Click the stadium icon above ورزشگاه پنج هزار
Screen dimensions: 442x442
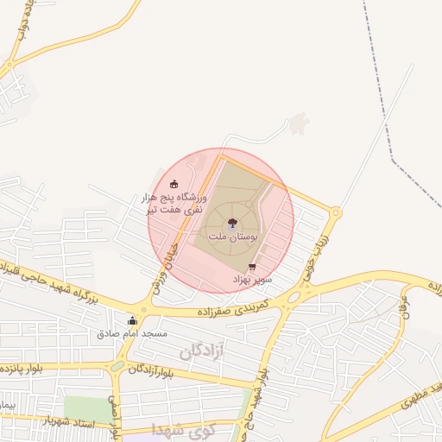(174, 184)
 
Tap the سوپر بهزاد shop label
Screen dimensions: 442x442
(252, 280)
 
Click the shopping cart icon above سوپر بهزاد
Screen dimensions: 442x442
(252, 268)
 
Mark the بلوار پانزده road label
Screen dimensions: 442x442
(26, 369)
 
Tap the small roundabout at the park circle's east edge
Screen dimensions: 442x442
(335, 212)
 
